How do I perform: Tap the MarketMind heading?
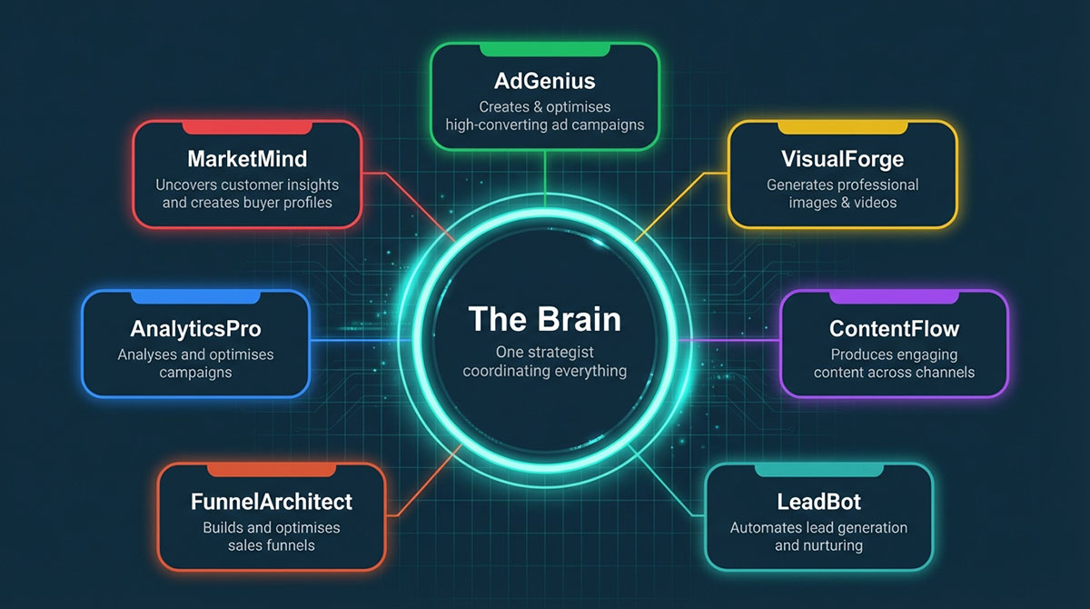click(x=247, y=159)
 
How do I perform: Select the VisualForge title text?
click(x=842, y=159)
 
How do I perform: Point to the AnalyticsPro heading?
click(x=195, y=327)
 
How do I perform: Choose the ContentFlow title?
click(x=894, y=328)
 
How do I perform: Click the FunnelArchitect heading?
click(x=272, y=501)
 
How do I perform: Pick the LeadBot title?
click(x=818, y=501)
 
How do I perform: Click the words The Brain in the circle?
click(x=544, y=319)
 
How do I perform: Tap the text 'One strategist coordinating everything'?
click(x=544, y=361)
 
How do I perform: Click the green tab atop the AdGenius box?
click(x=544, y=48)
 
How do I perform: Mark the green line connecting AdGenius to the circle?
click(x=544, y=173)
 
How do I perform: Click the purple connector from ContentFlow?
click(x=727, y=340)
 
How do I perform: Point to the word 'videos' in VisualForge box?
click(x=873, y=203)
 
